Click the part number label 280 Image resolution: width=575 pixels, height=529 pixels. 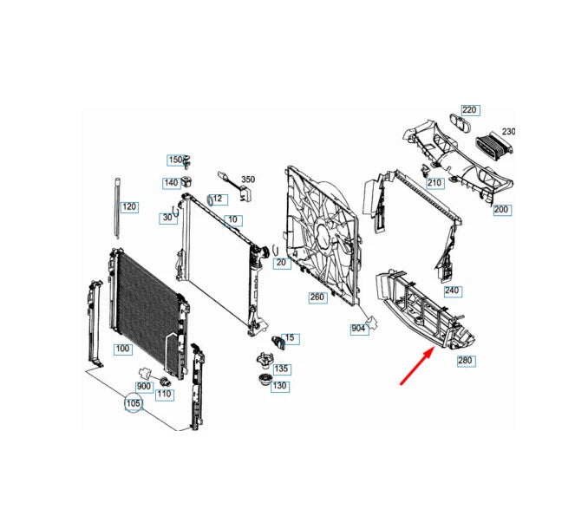[x=467, y=360]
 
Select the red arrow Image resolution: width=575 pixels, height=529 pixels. [x=418, y=364]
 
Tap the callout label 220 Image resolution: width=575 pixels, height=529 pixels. [x=469, y=110]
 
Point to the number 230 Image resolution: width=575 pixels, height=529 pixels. [x=508, y=132]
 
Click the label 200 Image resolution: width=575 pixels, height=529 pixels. [x=502, y=210]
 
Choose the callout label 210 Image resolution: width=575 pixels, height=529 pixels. [x=435, y=183]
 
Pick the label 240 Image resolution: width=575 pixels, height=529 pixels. [x=451, y=291]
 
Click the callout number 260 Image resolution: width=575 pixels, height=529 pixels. [x=317, y=297]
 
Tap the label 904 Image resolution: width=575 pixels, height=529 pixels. [x=358, y=329]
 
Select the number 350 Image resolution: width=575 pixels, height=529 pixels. [x=248, y=179]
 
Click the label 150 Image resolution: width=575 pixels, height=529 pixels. [x=175, y=160]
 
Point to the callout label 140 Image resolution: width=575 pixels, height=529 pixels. [x=171, y=183]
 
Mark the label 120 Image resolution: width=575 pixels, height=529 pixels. [x=129, y=207]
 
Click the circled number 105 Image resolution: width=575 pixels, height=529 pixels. [x=133, y=404]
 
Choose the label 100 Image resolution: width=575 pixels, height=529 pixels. [x=122, y=349]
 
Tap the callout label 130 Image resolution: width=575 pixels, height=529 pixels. [x=280, y=386]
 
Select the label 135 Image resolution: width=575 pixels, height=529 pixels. [x=281, y=369]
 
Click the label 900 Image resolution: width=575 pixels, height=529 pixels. [x=144, y=386]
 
